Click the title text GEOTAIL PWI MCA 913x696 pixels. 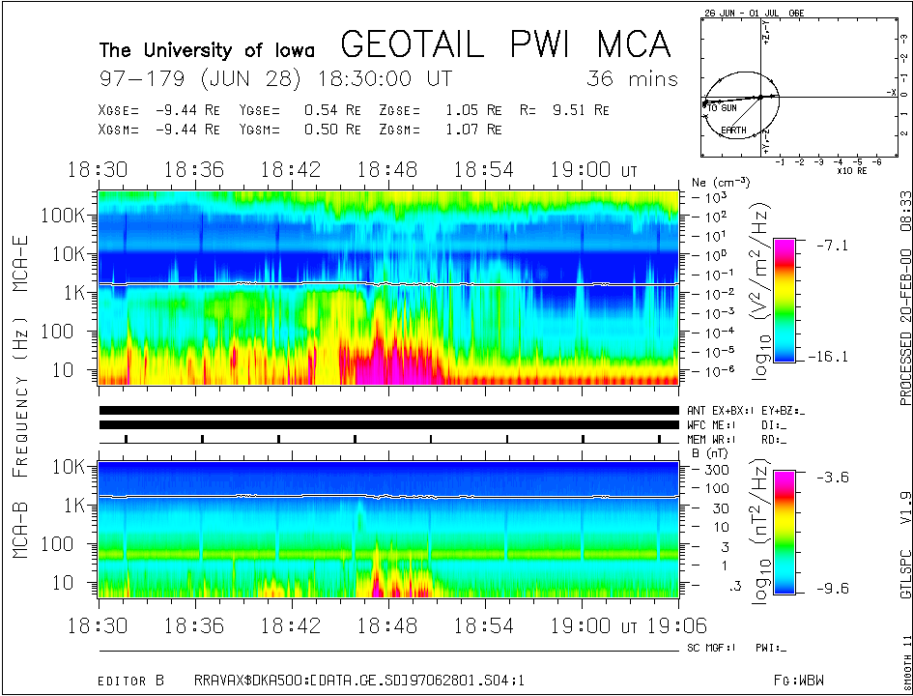click(x=505, y=45)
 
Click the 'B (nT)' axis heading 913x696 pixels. click(x=708, y=451)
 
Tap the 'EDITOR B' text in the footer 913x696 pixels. click(x=136, y=681)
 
